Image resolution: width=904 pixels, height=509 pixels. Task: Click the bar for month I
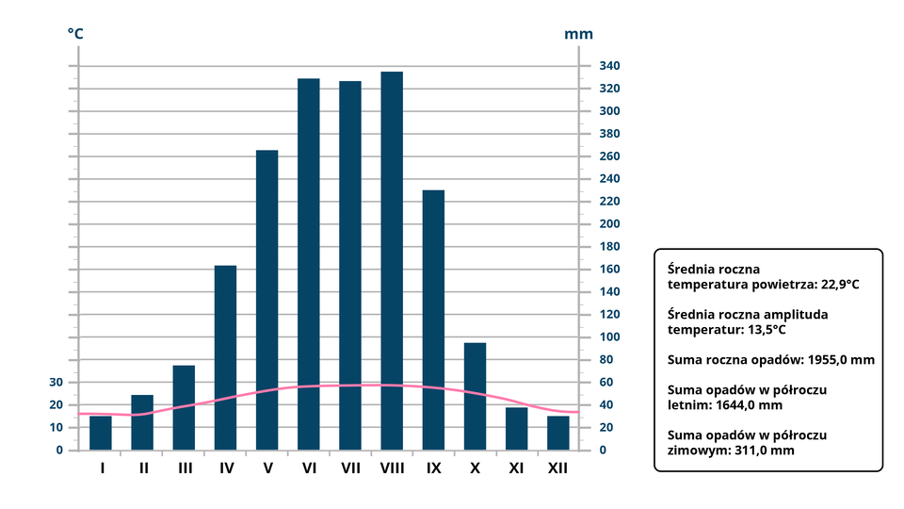(x=101, y=433)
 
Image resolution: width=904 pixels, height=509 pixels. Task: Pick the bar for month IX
(x=433, y=320)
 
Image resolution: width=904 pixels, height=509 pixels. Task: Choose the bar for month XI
(x=516, y=428)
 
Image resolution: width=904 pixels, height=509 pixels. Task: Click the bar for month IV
(x=225, y=357)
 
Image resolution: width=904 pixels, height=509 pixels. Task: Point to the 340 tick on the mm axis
(x=609, y=66)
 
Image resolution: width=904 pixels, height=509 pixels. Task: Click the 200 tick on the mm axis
(x=609, y=224)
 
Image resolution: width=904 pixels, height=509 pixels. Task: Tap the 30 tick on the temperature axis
(x=56, y=383)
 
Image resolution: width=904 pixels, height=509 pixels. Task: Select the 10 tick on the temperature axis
(x=56, y=428)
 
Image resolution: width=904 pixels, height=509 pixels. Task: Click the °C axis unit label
(x=75, y=34)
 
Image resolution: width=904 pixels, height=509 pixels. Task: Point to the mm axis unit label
(x=579, y=34)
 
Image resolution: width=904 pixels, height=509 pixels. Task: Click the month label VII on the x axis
(x=350, y=468)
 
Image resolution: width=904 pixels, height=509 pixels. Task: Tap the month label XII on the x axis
(x=557, y=468)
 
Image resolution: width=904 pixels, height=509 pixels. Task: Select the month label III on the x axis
(x=185, y=468)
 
